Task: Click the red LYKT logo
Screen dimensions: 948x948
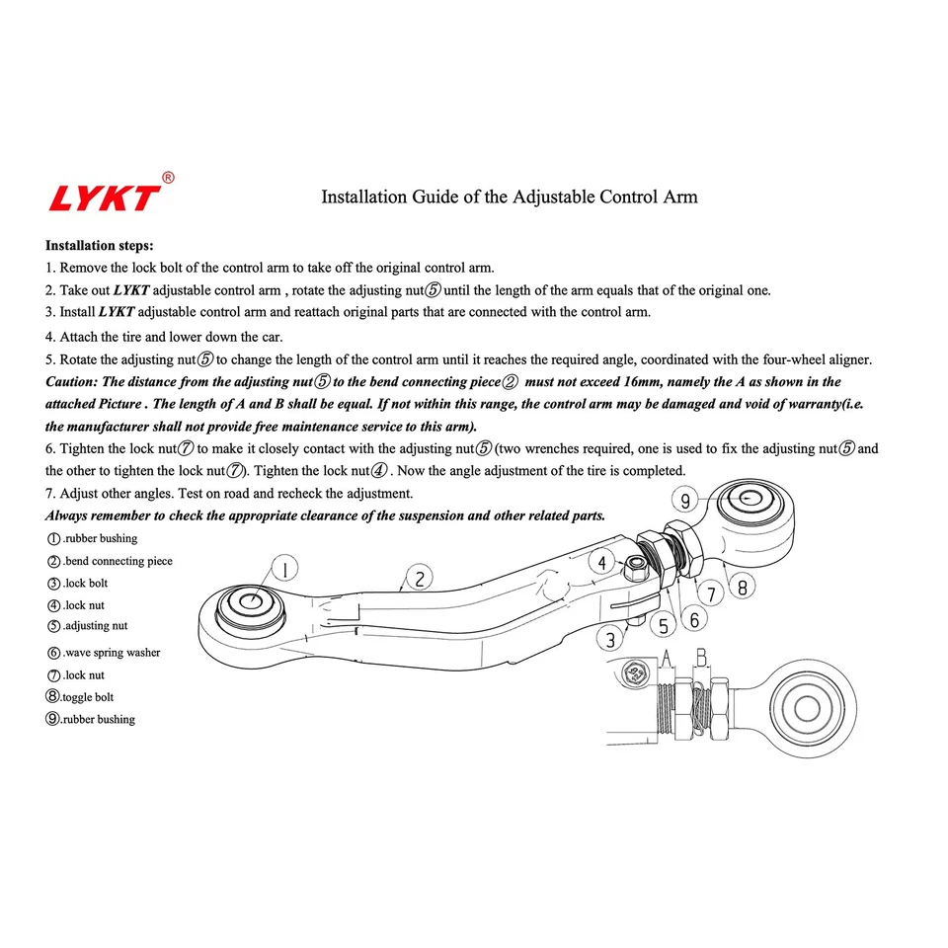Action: (x=105, y=197)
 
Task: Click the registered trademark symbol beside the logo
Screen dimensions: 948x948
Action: (x=168, y=178)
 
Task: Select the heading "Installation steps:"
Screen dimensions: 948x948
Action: (x=100, y=245)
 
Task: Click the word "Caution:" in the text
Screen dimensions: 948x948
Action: (x=71, y=381)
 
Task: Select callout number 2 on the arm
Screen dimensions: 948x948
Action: (x=420, y=580)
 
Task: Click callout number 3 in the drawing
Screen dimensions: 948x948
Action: (x=612, y=639)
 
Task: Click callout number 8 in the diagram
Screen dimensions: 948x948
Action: (x=742, y=586)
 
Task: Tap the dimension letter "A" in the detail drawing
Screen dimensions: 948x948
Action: (x=667, y=656)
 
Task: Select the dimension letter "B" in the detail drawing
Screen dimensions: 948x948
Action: (x=700, y=656)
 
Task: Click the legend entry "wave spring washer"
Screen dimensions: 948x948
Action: (x=112, y=653)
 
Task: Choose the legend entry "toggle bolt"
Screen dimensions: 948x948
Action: (x=88, y=697)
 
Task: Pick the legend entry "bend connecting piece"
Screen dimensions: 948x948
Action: (x=118, y=561)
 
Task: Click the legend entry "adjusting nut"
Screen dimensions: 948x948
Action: (x=95, y=626)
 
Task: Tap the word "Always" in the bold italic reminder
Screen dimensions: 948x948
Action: (x=66, y=515)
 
